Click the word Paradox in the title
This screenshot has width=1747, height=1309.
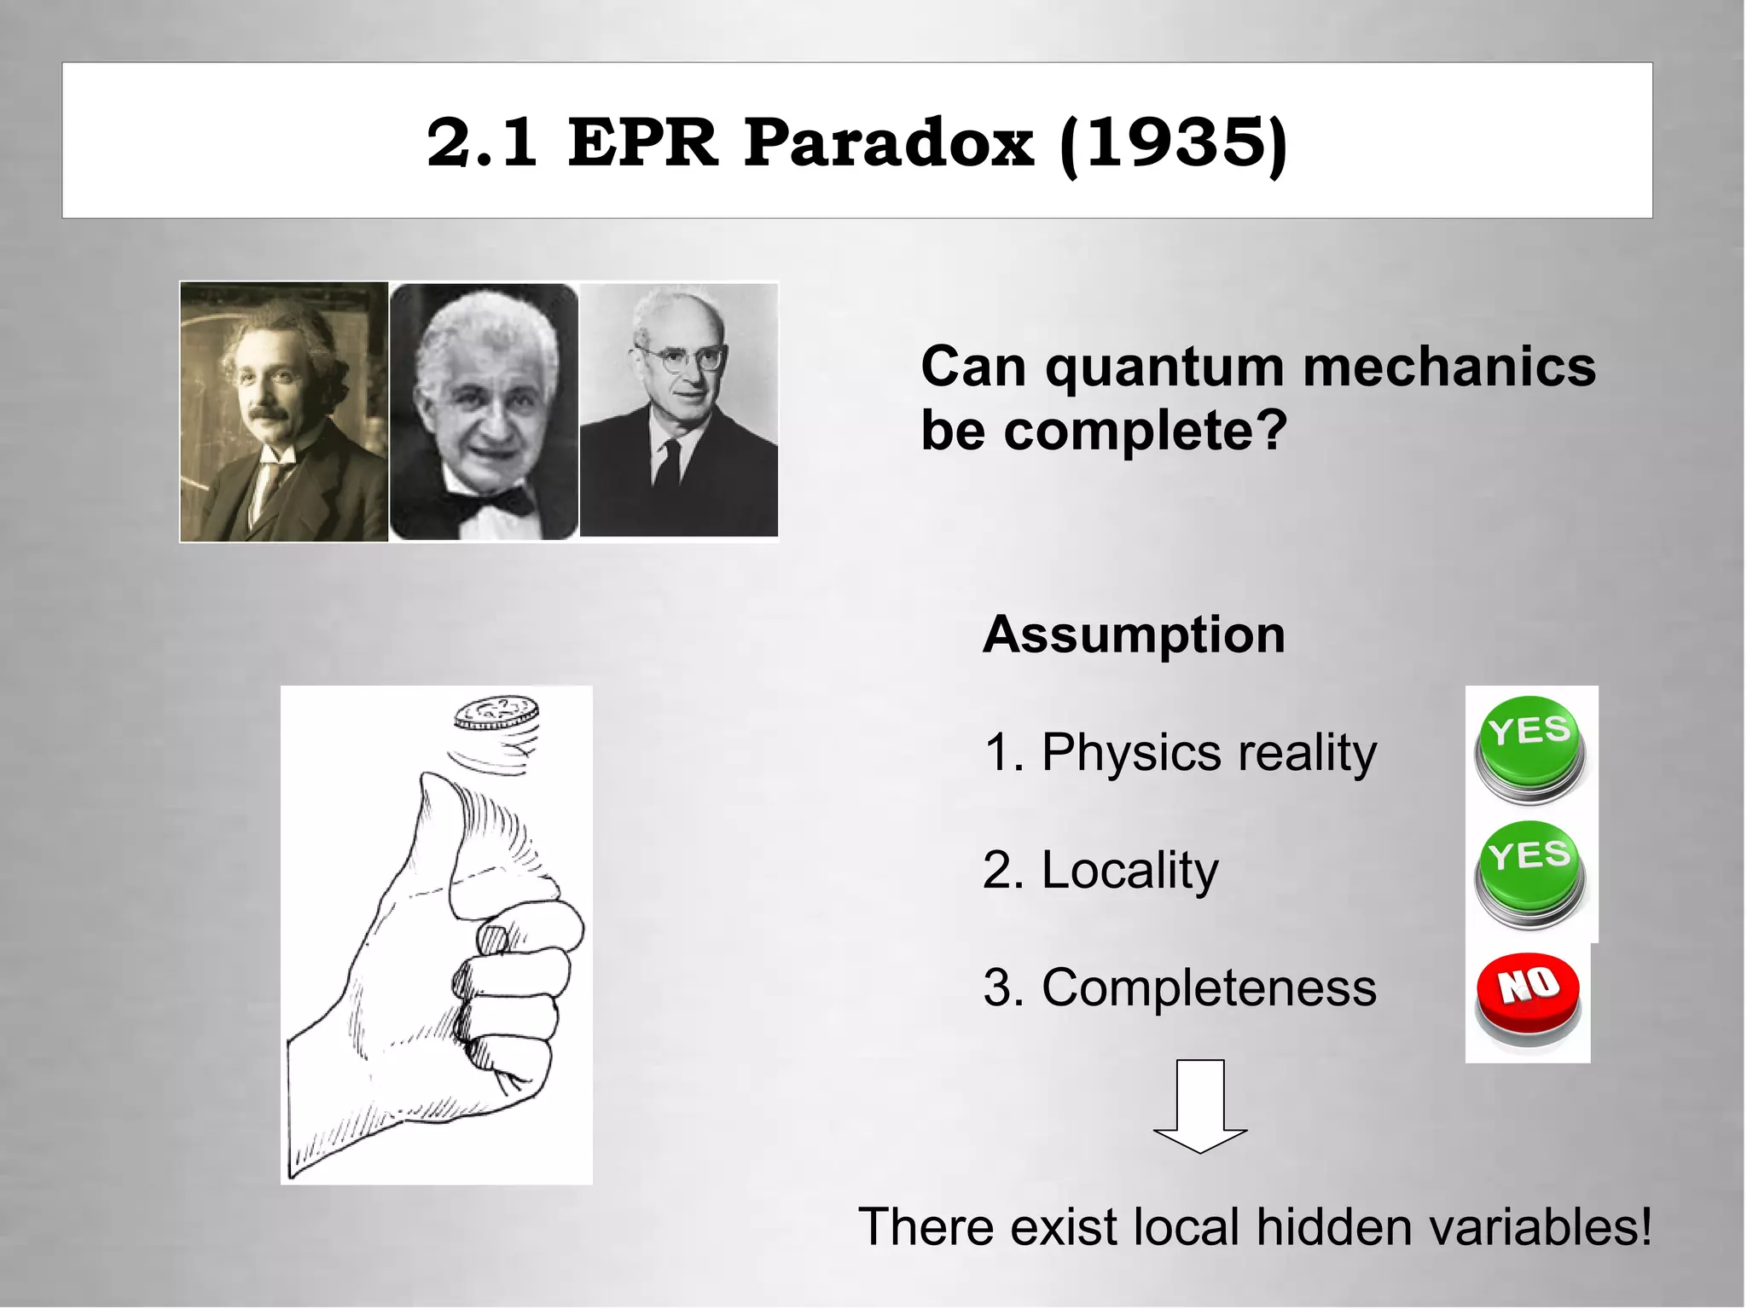tap(888, 142)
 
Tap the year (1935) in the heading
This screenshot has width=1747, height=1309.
tap(1173, 142)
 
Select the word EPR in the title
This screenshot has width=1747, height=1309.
tap(641, 142)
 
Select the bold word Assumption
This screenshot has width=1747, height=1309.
tap(1134, 634)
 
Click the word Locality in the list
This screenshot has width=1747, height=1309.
tap(1129, 870)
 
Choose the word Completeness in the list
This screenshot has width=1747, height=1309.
tap(1209, 988)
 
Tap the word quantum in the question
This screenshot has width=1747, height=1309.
tap(1164, 367)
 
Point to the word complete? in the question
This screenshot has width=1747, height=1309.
tap(1145, 431)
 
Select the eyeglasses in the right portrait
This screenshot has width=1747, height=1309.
tap(682, 357)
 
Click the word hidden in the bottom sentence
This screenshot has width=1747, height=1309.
tap(1333, 1226)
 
